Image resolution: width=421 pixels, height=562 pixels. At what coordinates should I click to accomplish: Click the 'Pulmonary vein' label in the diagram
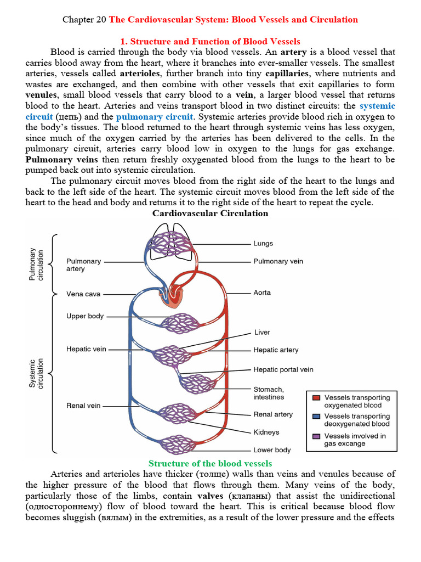tap(278, 262)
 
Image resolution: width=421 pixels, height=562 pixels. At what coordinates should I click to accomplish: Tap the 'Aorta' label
tap(262, 293)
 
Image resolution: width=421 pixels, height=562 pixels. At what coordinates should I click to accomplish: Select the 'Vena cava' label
tap(83, 294)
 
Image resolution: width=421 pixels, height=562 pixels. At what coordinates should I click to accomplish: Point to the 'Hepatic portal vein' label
tap(283, 369)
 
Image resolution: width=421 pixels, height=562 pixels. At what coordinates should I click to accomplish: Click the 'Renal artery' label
tap(273, 414)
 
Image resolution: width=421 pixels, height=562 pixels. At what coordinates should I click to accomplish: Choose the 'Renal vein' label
tap(83, 406)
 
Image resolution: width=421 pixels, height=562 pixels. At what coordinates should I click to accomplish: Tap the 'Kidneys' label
tap(266, 432)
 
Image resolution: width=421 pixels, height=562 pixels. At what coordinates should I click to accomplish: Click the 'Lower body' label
tap(272, 450)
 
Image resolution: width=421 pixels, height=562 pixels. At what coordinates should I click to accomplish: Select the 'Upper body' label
tap(85, 316)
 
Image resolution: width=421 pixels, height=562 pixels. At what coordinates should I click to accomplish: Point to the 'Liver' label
tap(262, 332)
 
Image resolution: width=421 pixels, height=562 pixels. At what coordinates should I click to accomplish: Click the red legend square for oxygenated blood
tap(316, 397)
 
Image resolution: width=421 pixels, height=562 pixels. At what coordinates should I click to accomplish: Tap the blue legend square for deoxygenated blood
tap(316, 417)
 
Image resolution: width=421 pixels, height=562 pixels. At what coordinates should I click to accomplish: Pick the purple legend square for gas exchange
tap(316, 436)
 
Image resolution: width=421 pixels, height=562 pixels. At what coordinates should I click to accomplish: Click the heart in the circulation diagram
tap(171, 297)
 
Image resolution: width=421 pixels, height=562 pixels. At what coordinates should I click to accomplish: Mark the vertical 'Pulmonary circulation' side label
tap(36, 264)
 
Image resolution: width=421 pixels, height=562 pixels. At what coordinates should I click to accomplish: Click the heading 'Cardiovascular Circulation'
tap(210, 213)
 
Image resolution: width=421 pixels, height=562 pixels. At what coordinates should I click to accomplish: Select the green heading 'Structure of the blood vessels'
tap(210, 463)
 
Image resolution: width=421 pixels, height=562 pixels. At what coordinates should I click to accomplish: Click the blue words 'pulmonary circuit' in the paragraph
tap(154, 116)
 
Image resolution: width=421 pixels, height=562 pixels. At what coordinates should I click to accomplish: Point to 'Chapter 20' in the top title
tap(85, 20)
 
